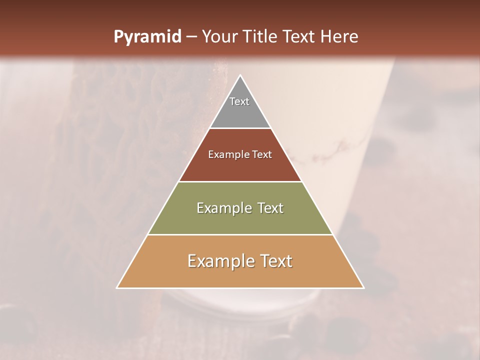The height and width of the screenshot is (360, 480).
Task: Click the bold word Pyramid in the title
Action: (147, 37)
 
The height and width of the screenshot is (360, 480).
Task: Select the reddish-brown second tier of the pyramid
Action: (240, 167)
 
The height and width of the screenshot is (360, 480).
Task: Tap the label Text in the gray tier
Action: (239, 101)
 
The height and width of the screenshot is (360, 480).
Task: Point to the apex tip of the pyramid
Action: (240, 76)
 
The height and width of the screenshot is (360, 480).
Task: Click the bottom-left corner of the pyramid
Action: (117, 287)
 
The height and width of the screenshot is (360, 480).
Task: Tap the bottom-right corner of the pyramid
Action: (363, 287)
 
